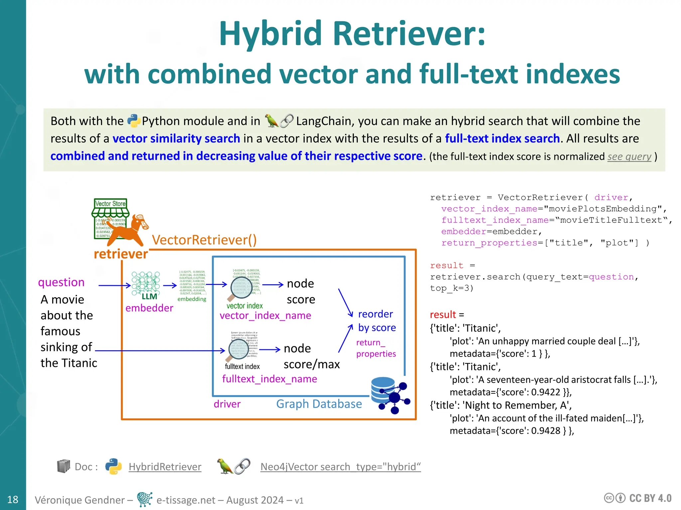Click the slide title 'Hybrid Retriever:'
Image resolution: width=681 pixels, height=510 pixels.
(x=352, y=34)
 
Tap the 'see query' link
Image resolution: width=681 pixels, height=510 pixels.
(x=629, y=156)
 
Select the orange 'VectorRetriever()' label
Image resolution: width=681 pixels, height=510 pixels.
(x=204, y=240)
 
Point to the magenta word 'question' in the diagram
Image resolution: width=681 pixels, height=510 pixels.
(x=61, y=282)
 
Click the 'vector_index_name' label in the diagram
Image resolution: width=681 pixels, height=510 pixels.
(x=265, y=315)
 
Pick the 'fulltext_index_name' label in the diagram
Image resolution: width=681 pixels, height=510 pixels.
(x=269, y=379)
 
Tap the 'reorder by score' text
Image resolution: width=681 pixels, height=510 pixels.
(x=376, y=321)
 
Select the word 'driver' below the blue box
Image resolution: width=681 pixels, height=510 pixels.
(x=227, y=404)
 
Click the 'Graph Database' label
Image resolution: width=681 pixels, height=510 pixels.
(x=319, y=404)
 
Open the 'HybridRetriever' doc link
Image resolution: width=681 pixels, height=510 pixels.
(x=165, y=467)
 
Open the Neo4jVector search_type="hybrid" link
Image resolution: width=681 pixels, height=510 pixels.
(x=340, y=467)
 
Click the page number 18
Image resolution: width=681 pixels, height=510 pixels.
(x=13, y=499)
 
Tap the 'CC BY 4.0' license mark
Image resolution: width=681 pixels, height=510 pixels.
(x=650, y=498)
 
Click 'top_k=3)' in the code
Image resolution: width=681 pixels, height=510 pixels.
(x=452, y=288)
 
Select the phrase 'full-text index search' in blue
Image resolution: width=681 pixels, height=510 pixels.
(x=502, y=138)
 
